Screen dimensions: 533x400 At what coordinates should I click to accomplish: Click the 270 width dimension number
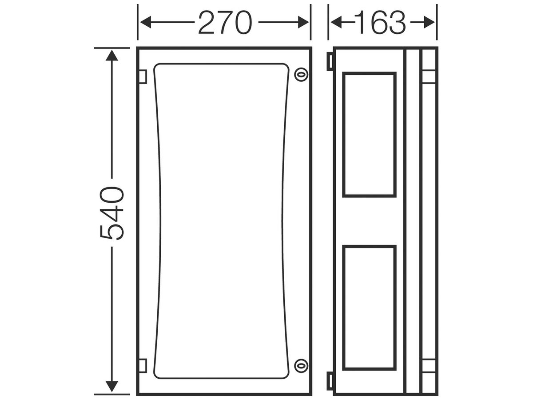[225, 22]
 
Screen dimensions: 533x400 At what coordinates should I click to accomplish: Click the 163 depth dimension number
[380, 22]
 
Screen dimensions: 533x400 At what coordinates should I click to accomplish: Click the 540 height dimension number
[112, 213]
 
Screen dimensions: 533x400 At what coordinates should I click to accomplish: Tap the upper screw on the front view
[301, 75]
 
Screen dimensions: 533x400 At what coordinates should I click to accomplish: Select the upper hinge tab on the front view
[143, 76]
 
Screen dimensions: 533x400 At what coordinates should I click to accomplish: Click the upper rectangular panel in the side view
[370, 135]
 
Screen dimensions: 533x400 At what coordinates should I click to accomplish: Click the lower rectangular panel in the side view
[370, 308]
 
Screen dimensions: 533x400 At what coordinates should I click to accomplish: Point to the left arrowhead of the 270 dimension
[146, 22]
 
